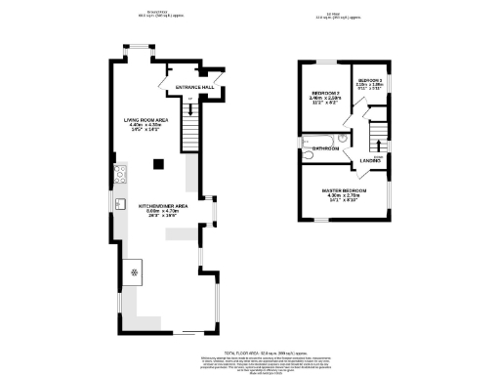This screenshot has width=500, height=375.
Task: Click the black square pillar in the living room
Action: (x=156, y=164)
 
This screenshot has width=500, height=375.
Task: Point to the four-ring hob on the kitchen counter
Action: (x=121, y=177)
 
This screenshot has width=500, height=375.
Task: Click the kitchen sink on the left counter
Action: (x=120, y=203)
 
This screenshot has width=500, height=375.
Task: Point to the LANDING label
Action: (x=370, y=160)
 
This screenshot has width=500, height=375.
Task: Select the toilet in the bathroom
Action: (x=308, y=154)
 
